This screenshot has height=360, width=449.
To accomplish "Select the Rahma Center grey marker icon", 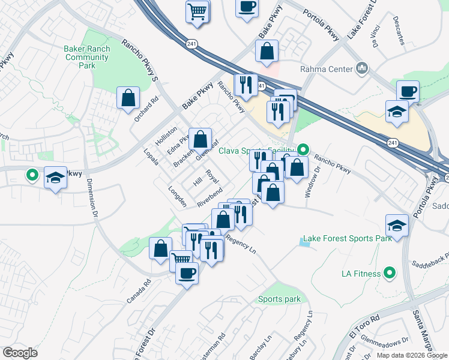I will click(x=361, y=69).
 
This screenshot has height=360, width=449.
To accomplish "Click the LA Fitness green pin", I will click(x=388, y=274).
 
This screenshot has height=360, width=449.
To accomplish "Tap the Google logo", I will click(x=20, y=352).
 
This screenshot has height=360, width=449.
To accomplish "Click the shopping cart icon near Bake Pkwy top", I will click(x=197, y=11).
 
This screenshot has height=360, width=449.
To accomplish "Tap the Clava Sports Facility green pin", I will click(x=304, y=149).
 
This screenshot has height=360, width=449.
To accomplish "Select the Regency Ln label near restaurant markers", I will click(x=241, y=244).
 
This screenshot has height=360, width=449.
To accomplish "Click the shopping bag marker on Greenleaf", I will click(x=200, y=139).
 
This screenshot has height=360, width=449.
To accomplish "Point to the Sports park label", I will click(x=279, y=299).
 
